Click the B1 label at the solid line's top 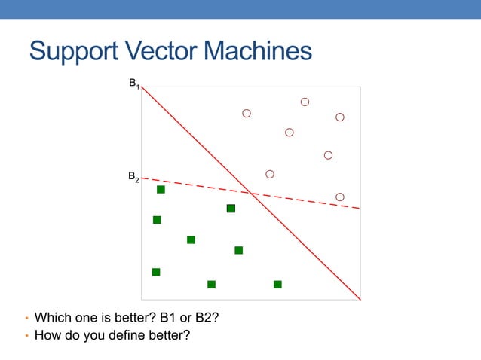[x=133, y=83]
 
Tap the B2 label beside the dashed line [x=133, y=177]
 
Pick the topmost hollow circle [x=305, y=102]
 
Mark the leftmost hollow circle [x=247, y=113]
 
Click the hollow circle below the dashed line [x=340, y=197]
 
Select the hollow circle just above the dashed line [x=270, y=175]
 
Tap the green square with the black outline [x=231, y=208]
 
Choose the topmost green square [x=161, y=190]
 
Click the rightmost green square [x=277, y=284]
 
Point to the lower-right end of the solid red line [x=360, y=299]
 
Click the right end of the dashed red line [x=359, y=208]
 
